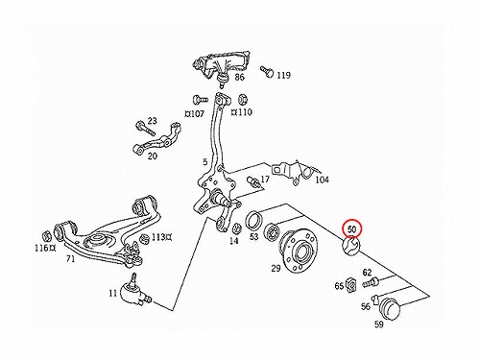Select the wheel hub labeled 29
[x=299, y=251]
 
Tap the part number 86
[x=239, y=77]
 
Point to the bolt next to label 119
[x=267, y=71]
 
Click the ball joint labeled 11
[x=134, y=291]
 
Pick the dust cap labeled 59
[x=390, y=308]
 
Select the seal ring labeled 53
[x=254, y=220]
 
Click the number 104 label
[x=322, y=180]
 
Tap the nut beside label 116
[x=47, y=236]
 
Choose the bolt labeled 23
[x=146, y=128]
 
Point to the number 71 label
[x=70, y=258]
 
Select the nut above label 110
[x=243, y=100]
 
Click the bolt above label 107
[x=200, y=100]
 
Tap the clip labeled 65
[x=351, y=283]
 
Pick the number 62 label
[x=367, y=273]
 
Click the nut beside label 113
[x=145, y=238]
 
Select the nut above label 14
[x=236, y=228]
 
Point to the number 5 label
[x=205, y=162]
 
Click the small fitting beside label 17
[x=253, y=182]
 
